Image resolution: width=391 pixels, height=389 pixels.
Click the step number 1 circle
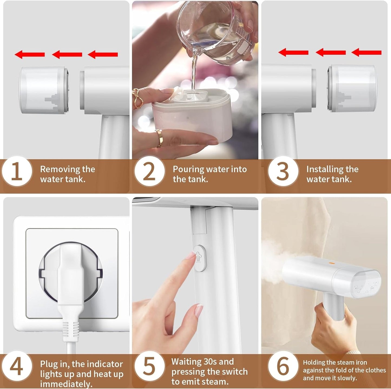pos(17,171)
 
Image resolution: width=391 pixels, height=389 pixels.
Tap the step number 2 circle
pos(150,171)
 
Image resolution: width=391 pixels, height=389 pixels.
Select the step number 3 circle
pos(283,171)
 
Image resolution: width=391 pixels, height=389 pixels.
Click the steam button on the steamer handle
pos(200,258)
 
